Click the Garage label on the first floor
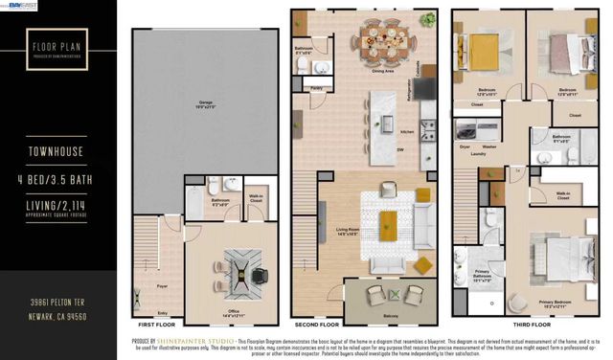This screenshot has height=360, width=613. pos(205,101)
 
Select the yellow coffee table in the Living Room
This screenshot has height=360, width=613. pos(388,224)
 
